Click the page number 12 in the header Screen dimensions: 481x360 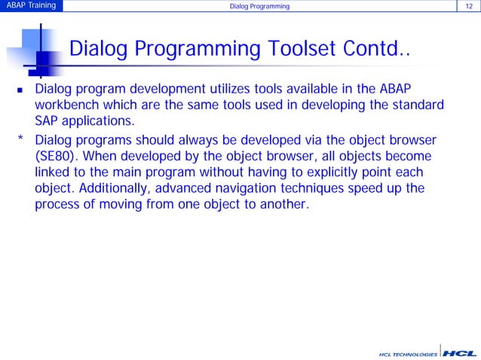coord(469,6)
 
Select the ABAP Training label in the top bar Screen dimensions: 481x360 coord(32,5)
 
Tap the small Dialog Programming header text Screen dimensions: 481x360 coord(259,7)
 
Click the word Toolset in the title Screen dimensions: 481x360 coord(302,48)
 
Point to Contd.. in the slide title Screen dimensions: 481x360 coord(376,48)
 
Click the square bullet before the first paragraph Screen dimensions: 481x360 coord(20,90)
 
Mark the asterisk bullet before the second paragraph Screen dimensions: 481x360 coord(20,138)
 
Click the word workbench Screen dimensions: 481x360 coord(66,105)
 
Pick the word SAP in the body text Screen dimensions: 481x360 coord(46,121)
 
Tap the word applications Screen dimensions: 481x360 coord(98,122)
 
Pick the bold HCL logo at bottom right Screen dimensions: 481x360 coord(459,353)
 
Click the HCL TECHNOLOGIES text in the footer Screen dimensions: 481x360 coord(408,355)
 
